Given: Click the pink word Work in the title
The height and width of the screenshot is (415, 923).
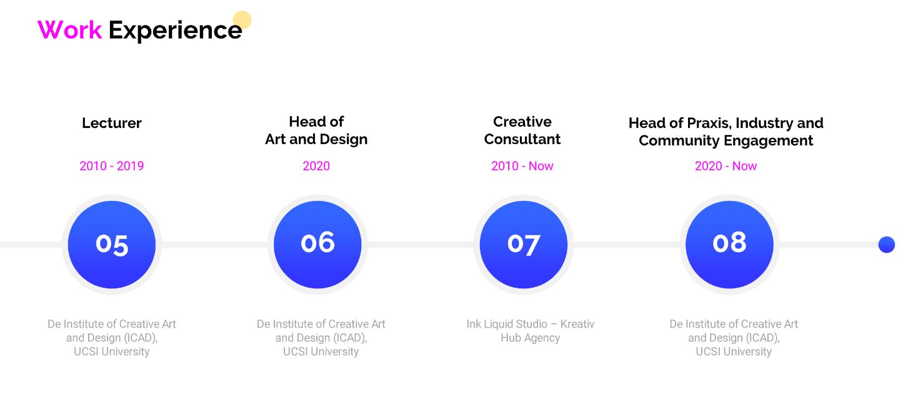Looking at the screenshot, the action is pyautogui.click(x=69, y=30).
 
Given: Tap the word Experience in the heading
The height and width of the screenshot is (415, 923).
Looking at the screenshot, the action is pyautogui.click(x=175, y=31).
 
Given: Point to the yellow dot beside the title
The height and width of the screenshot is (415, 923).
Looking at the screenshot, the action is pyautogui.click(x=242, y=20).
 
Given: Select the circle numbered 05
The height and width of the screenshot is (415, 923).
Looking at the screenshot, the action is pyautogui.click(x=112, y=245).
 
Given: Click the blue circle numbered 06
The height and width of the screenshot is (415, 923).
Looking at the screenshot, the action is pyautogui.click(x=317, y=245).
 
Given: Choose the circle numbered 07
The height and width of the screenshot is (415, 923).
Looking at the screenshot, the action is pyautogui.click(x=523, y=245).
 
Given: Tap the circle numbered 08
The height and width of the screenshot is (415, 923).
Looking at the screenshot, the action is pyautogui.click(x=729, y=245).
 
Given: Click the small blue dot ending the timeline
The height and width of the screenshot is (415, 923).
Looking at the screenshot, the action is pyautogui.click(x=886, y=245).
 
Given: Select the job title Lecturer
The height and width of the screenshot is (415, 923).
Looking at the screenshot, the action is pyautogui.click(x=112, y=123).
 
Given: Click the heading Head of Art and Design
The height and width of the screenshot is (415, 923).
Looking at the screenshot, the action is pyautogui.click(x=316, y=130).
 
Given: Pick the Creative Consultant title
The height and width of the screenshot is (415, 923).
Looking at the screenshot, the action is pyautogui.click(x=522, y=130).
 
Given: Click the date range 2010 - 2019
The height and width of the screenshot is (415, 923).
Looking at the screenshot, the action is pyautogui.click(x=112, y=166).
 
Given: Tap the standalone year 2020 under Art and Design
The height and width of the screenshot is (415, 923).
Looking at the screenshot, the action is pyautogui.click(x=316, y=166).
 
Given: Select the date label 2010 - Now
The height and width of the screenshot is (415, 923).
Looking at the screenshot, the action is pyautogui.click(x=522, y=166).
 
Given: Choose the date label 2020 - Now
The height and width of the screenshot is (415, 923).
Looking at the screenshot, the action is pyautogui.click(x=726, y=166).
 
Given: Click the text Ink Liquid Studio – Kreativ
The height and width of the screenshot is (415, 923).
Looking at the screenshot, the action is pyautogui.click(x=531, y=324).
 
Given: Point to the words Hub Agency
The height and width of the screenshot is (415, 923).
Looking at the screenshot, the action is pyautogui.click(x=531, y=338).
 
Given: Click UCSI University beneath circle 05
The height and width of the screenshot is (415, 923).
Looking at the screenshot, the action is pyautogui.click(x=112, y=352).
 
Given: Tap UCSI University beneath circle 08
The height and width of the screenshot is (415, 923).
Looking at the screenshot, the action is pyautogui.click(x=734, y=352).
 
